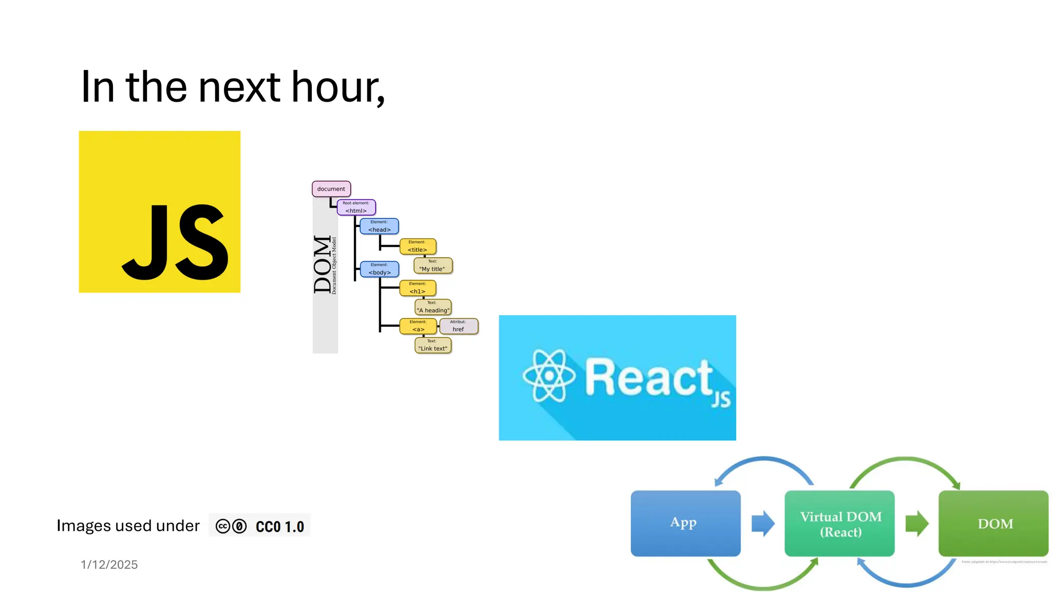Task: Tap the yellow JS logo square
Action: tap(159, 212)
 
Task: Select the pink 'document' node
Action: tap(331, 189)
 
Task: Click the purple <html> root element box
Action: tap(356, 207)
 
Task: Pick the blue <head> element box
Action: tap(379, 226)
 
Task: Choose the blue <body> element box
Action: tap(379, 269)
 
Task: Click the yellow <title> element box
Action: tap(418, 246)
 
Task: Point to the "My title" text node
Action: tap(433, 266)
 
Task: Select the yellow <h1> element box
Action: tap(418, 288)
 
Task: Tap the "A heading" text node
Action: tap(433, 307)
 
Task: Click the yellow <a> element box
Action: tap(418, 326)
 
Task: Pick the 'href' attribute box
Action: tap(458, 326)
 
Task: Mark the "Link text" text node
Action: tap(433, 345)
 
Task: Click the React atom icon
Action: tap(549, 376)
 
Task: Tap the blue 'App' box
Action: tap(685, 523)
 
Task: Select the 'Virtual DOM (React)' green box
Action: tap(839, 523)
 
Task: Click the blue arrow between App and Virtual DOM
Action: tap(763, 523)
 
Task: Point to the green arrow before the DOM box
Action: tap(916, 523)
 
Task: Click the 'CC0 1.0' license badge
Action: tap(259, 526)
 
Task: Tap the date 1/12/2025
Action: tap(109, 564)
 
